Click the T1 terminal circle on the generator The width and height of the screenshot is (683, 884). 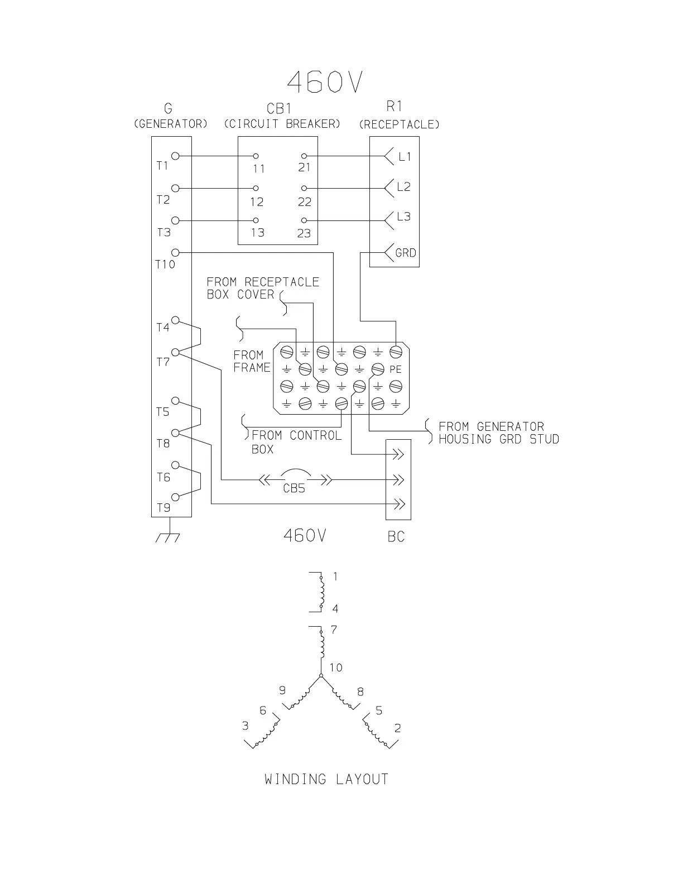point(175,156)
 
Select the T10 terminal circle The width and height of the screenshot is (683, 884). point(175,252)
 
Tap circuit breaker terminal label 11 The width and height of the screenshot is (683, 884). point(258,169)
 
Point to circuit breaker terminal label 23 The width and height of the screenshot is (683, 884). point(304,233)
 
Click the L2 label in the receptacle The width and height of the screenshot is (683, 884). point(403,187)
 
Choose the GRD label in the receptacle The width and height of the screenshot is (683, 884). point(406,253)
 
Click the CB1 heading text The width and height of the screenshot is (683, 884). point(279,108)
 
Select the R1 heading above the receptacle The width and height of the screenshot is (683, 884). point(394,107)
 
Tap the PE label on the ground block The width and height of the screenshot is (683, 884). point(396,369)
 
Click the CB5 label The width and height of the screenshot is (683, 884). point(294,488)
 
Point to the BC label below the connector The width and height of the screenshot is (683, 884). point(396,537)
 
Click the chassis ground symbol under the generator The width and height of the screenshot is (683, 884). point(168,536)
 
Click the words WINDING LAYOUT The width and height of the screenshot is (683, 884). point(326,779)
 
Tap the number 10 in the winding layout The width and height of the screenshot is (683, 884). point(336,667)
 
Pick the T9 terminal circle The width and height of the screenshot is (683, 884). point(175,497)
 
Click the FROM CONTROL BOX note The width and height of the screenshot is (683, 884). point(293,441)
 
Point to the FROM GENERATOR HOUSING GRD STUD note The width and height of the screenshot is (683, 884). point(498,433)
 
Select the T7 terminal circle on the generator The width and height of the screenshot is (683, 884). point(175,352)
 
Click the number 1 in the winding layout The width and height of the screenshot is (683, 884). point(335,576)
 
